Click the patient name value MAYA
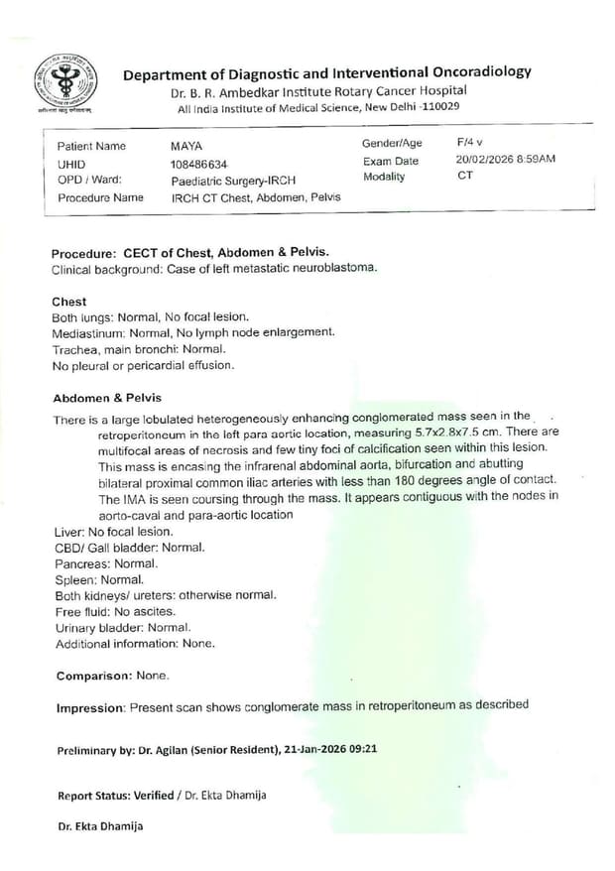(x=186, y=147)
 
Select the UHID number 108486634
(x=199, y=164)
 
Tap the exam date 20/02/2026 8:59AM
(x=506, y=160)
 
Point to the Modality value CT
(x=465, y=176)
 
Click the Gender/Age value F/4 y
(x=469, y=143)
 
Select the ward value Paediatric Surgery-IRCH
(x=234, y=181)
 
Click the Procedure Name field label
(x=100, y=197)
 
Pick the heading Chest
(x=68, y=302)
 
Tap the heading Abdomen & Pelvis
(x=101, y=397)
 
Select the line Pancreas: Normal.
(x=106, y=563)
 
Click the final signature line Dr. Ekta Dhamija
(x=100, y=825)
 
